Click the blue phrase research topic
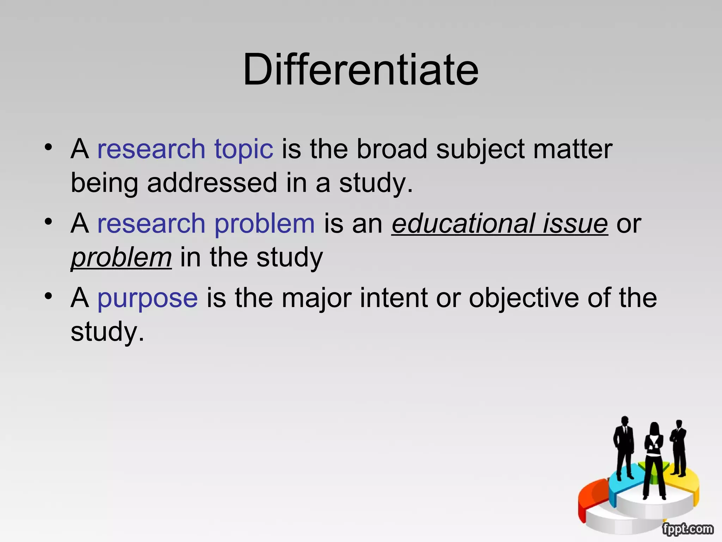(185, 149)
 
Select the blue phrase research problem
(206, 224)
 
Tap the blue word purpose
(147, 299)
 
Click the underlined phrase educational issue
(500, 224)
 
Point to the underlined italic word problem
(121, 258)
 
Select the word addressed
(212, 183)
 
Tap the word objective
(524, 299)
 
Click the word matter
(573, 149)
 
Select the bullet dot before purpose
(48, 296)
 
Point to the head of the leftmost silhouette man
(625, 421)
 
